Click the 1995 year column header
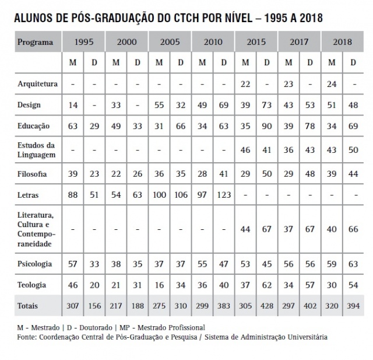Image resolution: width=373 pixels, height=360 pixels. click(84, 42)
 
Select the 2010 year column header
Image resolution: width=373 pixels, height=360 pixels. click(213, 42)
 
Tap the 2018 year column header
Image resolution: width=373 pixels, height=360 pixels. click(343, 42)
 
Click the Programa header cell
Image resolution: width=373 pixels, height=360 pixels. click(35, 42)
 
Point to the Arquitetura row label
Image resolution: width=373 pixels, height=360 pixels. click(37, 84)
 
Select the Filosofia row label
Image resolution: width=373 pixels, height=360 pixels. click(32, 174)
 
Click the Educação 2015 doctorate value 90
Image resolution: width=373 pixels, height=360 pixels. click(267, 125)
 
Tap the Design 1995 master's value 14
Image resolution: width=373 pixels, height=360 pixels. click(73, 105)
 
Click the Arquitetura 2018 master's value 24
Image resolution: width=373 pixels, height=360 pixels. click(332, 84)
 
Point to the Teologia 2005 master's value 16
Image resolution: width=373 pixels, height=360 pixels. click(159, 285)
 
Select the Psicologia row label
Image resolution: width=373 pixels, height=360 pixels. click(35, 263)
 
